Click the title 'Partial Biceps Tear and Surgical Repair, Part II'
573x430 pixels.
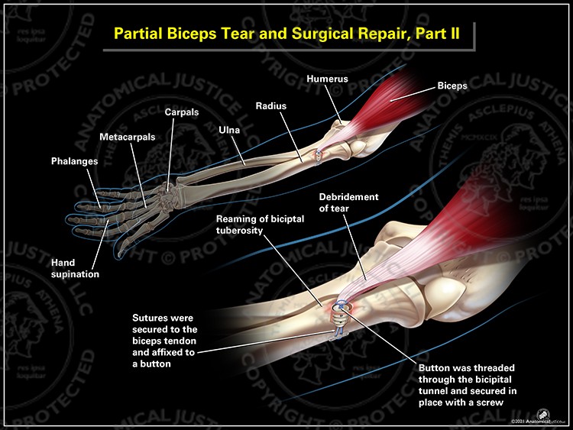[283, 34]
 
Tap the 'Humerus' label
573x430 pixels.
[326, 79]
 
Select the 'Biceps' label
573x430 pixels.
[452, 86]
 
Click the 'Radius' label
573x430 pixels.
[270, 105]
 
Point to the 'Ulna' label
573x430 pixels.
[229, 131]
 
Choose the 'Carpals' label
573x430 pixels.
[182, 112]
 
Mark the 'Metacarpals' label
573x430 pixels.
[125, 137]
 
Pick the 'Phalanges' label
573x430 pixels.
[74, 162]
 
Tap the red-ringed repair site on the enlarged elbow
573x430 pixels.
[338, 309]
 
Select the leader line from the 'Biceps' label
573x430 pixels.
[420, 93]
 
